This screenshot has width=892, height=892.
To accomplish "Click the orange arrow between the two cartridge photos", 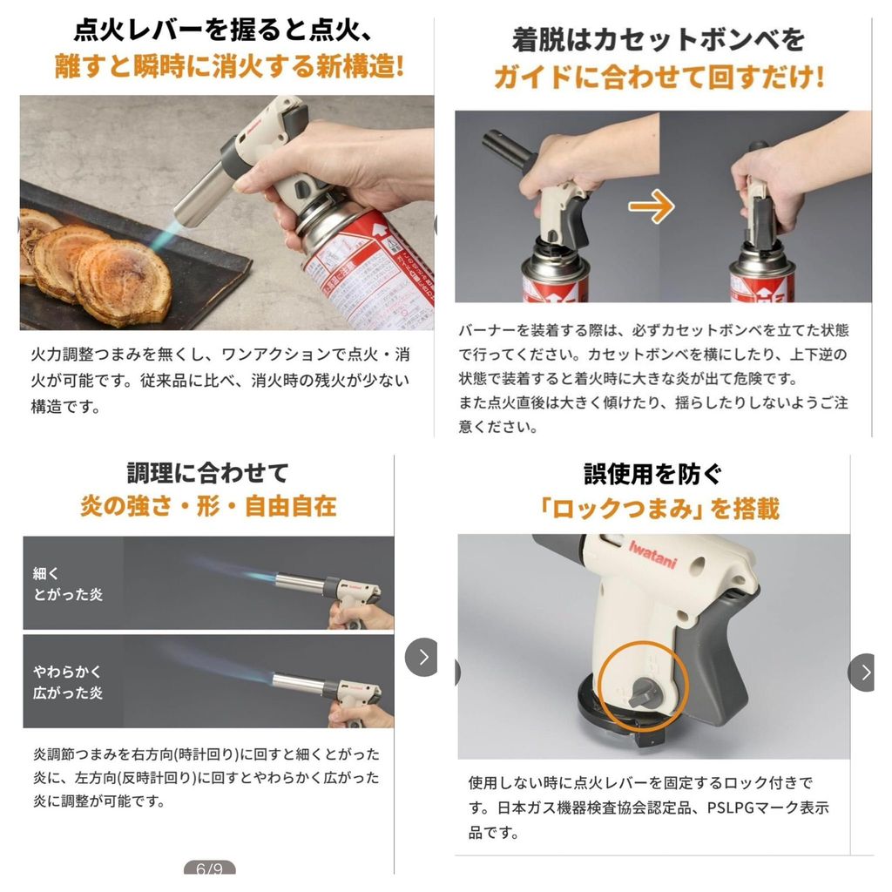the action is pos(652,206).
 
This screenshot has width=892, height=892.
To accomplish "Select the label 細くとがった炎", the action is pos(68,584).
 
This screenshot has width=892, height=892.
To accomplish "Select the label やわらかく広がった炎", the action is pos(68,682).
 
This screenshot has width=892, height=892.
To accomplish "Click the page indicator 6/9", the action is pos(209,868).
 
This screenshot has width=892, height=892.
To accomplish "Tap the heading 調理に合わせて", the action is pos(208,473).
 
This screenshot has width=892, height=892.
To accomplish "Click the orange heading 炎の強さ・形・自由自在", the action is pos(208,506).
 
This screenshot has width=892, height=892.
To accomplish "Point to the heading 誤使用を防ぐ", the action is pos(653,474).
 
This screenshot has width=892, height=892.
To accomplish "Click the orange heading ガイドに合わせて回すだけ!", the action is pos(659,77).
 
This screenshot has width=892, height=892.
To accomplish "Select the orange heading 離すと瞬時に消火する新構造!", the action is pos(230,66).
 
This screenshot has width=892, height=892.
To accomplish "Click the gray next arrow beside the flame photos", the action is pos(422,658).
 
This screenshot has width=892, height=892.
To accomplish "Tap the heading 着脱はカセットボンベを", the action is pos(659,40).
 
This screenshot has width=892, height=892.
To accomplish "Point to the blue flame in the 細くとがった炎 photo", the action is pos(233,571).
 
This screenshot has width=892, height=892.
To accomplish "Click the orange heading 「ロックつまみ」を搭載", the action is pos(659,508).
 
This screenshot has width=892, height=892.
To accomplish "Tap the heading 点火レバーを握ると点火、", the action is pos(224,30).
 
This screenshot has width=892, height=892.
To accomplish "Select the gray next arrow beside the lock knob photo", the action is pos(862,672).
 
